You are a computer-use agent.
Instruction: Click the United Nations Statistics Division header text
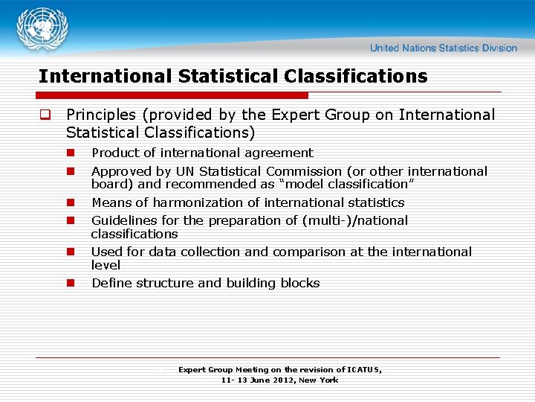coord(443,48)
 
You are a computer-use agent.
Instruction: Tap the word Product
coord(114,153)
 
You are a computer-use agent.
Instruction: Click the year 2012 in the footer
coord(282,380)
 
